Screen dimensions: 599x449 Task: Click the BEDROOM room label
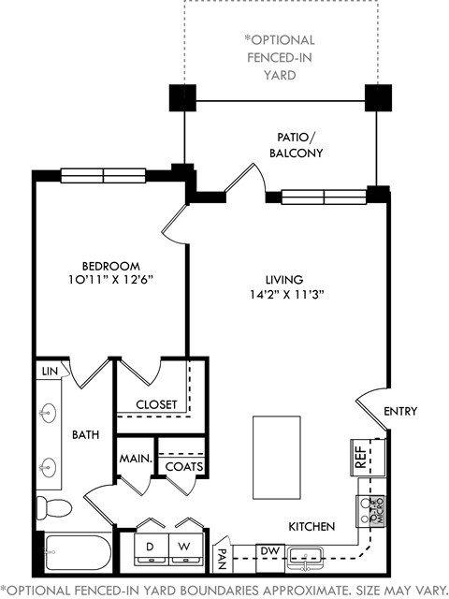point(110,266)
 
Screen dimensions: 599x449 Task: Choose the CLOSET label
point(156,404)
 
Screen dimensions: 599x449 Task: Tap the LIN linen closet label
point(49,372)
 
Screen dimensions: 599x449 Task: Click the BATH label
point(86,435)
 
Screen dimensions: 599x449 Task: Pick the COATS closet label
point(183,466)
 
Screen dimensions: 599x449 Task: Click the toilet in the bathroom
point(55,508)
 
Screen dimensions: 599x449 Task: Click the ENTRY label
point(400,412)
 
